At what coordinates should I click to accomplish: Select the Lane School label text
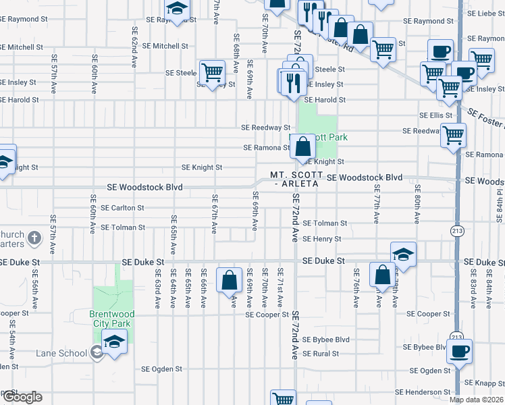coord(61,352)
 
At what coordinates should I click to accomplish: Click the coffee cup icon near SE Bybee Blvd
coord(460,351)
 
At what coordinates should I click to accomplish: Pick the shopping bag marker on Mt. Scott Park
coord(303,146)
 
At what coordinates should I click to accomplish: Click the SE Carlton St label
coord(122,208)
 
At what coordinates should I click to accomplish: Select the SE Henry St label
coord(322,239)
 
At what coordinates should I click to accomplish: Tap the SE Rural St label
coord(321,353)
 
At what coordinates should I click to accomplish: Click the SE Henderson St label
coord(423,391)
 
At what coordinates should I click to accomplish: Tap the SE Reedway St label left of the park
coord(265,127)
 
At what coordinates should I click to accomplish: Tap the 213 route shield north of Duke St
coord(456,231)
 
